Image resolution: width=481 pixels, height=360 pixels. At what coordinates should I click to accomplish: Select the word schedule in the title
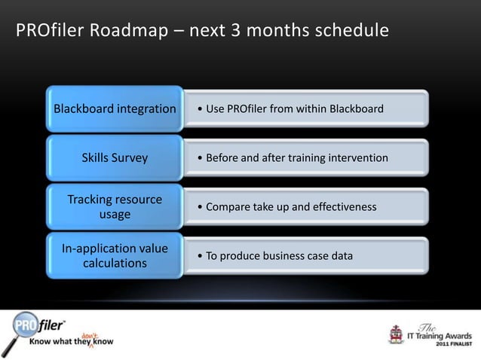click(351, 32)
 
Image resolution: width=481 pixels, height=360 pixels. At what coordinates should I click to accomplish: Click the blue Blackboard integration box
click(115, 109)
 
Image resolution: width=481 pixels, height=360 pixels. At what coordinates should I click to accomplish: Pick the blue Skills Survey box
click(115, 158)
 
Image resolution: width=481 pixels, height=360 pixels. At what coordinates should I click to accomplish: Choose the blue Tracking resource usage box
click(115, 207)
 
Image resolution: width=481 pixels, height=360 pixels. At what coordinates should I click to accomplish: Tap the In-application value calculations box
click(115, 256)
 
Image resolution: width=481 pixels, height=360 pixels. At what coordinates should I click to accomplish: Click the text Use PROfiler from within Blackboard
click(290, 109)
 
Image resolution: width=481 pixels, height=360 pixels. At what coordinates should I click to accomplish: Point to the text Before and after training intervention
click(292, 158)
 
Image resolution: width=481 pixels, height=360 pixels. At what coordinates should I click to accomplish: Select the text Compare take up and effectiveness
click(286, 207)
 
